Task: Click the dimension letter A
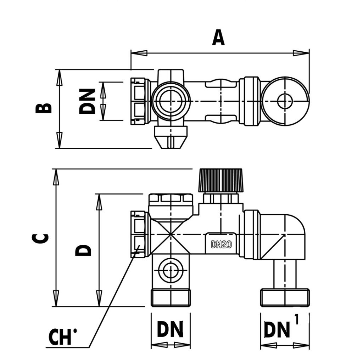pyautogui.click(x=218, y=38)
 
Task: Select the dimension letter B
pyautogui.click(x=44, y=108)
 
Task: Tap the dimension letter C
pyautogui.click(x=42, y=238)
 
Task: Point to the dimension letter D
pyautogui.click(x=83, y=250)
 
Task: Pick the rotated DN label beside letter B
pyautogui.click(x=87, y=101)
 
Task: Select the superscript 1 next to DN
pyautogui.click(x=296, y=320)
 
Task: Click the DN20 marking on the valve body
pyautogui.click(x=221, y=244)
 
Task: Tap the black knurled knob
pyautogui.click(x=220, y=180)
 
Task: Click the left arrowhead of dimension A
pyautogui.click(x=139, y=53)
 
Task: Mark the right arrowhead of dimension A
pyautogui.click(x=301, y=53)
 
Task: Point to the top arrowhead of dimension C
pyautogui.click(x=56, y=177)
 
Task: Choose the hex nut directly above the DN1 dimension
pyautogui.click(x=285, y=297)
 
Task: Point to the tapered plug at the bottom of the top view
pyautogui.click(x=171, y=137)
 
